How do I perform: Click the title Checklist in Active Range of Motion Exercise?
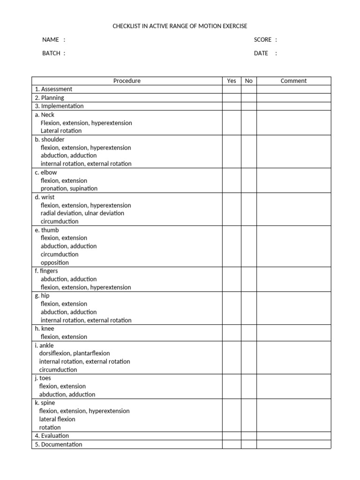tap(180, 26)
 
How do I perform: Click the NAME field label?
tap(51, 40)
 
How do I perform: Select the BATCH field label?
tap(52, 53)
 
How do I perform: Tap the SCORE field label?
tap(262, 40)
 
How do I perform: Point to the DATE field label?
tap(261, 53)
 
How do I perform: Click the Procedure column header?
tap(127, 81)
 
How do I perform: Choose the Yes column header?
tap(232, 81)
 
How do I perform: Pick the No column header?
tap(248, 81)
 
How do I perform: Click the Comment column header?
tap(293, 81)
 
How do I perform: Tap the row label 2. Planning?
tap(49, 98)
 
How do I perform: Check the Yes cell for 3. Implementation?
tap(232, 106)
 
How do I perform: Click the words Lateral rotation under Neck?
tap(61, 131)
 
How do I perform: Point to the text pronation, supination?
tap(69, 188)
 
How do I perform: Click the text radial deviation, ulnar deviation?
tap(82, 213)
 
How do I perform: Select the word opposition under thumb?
tap(54, 262)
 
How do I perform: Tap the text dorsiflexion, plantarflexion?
tap(75, 353)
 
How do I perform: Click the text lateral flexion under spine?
tap(57, 419)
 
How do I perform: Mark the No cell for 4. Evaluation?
tap(248, 436)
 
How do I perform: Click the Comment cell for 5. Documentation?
tap(293, 444)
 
